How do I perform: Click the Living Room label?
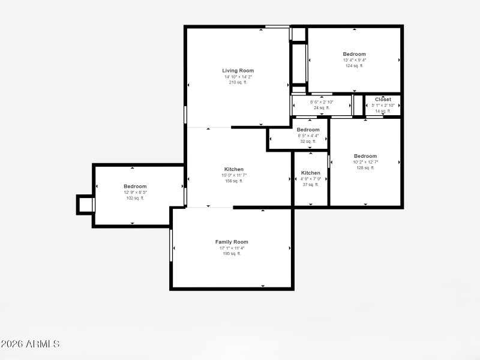pos(238,71)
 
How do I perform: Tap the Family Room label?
pos(232,242)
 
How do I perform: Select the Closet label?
pos(383,100)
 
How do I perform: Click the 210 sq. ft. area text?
pos(238,83)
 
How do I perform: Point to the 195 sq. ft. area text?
pos(232,254)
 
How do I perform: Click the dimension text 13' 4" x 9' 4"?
pos(354,60)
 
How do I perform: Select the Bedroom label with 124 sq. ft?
pos(354,54)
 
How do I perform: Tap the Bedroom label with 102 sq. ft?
pos(135,187)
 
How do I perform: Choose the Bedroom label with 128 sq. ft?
pos(365,156)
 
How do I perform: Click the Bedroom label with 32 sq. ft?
pos(308,130)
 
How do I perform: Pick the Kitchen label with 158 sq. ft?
pos(234,169)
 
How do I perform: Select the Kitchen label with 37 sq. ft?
pos(311,173)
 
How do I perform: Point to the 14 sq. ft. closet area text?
pos(383,111)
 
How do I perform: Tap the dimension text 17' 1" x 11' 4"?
pos(232,248)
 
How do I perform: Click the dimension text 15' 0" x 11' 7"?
pos(234,175)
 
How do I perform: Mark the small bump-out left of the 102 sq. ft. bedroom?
pos(86,205)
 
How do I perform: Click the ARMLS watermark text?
pos(30,344)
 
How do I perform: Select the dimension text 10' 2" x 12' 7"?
pos(365,162)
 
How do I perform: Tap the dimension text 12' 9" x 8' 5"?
pos(135,193)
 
